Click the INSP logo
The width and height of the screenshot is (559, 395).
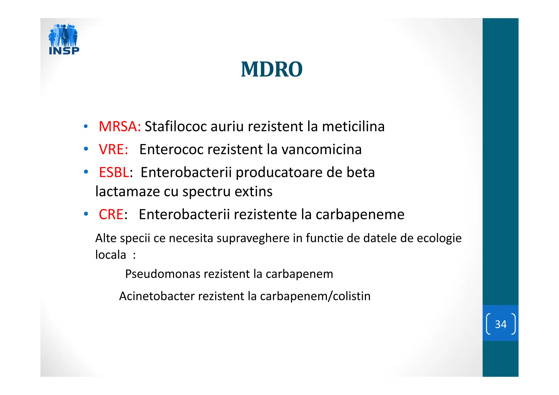pos(64,39)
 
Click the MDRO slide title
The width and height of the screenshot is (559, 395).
pos(272,69)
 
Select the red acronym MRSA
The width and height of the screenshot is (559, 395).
pos(119,127)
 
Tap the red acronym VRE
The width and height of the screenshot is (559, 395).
pos(113,150)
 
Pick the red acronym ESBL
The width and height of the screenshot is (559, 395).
pos(114,173)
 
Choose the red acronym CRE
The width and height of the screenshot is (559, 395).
pos(111,215)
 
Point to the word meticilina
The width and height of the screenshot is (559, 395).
pos(353,127)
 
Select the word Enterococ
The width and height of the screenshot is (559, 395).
pos(171,150)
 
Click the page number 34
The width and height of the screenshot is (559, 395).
pos(501,324)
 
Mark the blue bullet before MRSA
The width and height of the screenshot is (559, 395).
pos(86,127)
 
